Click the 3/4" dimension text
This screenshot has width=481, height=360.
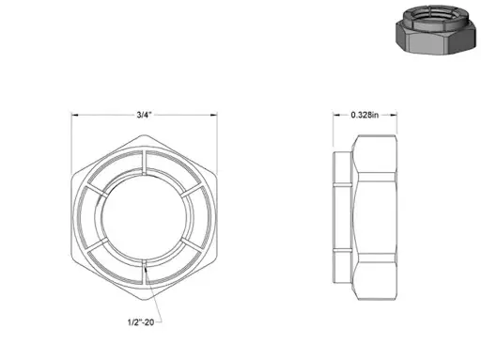pyautogui.click(x=144, y=115)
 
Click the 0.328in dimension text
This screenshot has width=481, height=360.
pyautogui.click(x=365, y=115)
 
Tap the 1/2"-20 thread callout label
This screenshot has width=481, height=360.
pyautogui.click(x=141, y=322)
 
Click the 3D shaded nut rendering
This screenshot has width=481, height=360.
pyautogui.click(x=437, y=29)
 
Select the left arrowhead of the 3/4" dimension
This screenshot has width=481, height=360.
pyautogui.click(x=75, y=115)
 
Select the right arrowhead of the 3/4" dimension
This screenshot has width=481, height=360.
pyautogui.click(x=213, y=115)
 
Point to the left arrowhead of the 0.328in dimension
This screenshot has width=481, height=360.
pyautogui.click(x=336, y=115)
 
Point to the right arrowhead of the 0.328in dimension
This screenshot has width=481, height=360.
pyautogui.click(x=394, y=115)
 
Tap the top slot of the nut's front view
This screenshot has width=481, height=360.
pyautogui.click(x=145, y=162)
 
